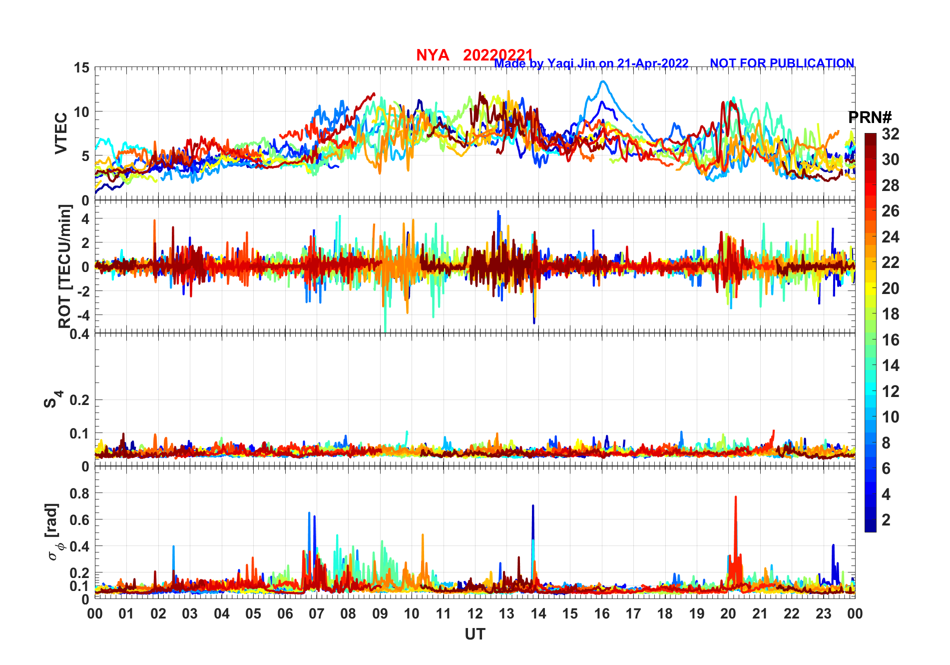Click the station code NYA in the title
tap(433, 55)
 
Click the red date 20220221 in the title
tap(497, 55)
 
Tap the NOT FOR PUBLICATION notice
tap(782, 63)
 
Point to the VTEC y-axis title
tap(61, 133)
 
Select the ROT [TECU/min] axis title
tap(65, 266)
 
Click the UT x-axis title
tap(475, 634)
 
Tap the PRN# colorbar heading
tap(870, 117)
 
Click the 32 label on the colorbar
tap(890, 134)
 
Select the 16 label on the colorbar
tap(890, 340)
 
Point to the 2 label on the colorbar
tap(886, 520)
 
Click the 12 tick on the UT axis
tap(475, 613)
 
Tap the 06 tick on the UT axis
tap(285, 613)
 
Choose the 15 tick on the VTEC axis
tap(81, 68)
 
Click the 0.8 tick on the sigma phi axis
tap(79, 493)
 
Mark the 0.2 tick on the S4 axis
tap(79, 400)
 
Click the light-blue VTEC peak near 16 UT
tap(603, 81)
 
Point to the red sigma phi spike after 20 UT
tap(736, 497)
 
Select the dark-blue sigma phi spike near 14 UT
tap(533, 506)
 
